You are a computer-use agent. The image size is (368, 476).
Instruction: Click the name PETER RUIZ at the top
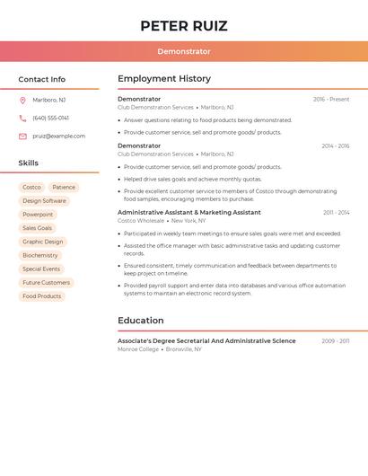click(184, 25)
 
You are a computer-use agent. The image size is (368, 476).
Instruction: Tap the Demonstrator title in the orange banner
click(184, 51)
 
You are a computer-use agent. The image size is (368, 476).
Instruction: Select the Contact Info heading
click(41, 79)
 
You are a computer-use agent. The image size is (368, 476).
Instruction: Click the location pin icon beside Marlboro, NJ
click(22, 100)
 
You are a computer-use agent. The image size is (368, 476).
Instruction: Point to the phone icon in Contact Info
click(22, 118)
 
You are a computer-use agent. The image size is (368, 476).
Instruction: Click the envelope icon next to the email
click(22, 137)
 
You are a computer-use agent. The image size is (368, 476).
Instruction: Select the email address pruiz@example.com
click(58, 137)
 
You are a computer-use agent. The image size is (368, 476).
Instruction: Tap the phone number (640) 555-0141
click(50, 118)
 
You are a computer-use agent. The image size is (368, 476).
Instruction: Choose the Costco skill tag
click(31, 188)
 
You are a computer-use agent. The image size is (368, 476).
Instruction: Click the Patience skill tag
click(64, 188)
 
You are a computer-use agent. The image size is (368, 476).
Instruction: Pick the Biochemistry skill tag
click(39, 255)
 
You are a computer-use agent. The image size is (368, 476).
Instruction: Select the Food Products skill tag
click(41, 295)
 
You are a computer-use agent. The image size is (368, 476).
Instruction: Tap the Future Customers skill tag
click(46, 282)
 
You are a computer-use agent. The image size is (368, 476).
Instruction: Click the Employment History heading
click(164, 79)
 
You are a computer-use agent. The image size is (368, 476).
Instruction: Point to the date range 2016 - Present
click(330, 100)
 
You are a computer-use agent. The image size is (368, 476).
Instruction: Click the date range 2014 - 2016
click(335, 145)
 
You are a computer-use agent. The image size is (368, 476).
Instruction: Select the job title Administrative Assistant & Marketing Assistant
click(189, 213)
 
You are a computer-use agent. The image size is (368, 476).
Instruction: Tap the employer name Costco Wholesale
click(141, 220)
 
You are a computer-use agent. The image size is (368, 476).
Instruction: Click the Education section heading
click(141, 321)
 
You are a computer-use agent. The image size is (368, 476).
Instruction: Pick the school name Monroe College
click(138, 348)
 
